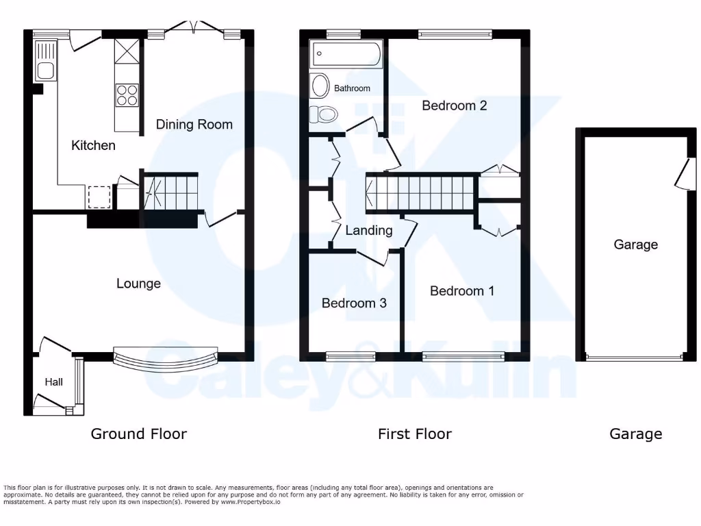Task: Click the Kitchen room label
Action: click(x=94, y=145)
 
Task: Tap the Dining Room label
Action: click(x=194, y=124)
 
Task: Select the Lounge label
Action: click(x=138, y=284)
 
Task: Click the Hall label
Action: click(x=54, y=381)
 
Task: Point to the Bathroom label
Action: click(x=352, y=88)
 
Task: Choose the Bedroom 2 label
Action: click(x=454, y=105)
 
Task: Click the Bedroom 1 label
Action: click(x=461, y=291)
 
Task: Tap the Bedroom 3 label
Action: click(x=354, y=303)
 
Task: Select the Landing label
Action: click(x=368, y=230)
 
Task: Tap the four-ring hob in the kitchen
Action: click(x=127, y=95)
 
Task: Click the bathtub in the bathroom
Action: click(x=346, y=54)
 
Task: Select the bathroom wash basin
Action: click(x=320, y=86)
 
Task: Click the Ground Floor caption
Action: click(x=138, y=434)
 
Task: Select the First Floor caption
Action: click(x=414, y=434)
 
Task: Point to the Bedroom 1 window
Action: click(x=463, y=355)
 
